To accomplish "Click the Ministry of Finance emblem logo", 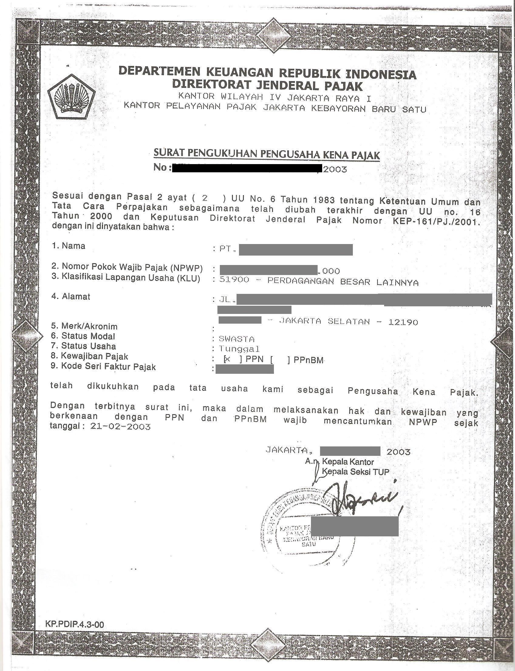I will pos(71,96).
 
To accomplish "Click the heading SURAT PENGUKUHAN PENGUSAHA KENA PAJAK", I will pos(266,154).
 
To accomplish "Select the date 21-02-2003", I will pos(121,426).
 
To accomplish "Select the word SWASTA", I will pos(236,339).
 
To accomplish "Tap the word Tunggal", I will pos(239,349).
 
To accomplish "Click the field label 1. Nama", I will pos(69,246).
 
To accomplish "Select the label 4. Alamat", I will pos(71,296).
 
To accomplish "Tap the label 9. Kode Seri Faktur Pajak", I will pos(103,366).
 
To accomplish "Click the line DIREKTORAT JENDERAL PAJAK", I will pos(267,85).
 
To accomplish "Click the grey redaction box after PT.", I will pos(295,250).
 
